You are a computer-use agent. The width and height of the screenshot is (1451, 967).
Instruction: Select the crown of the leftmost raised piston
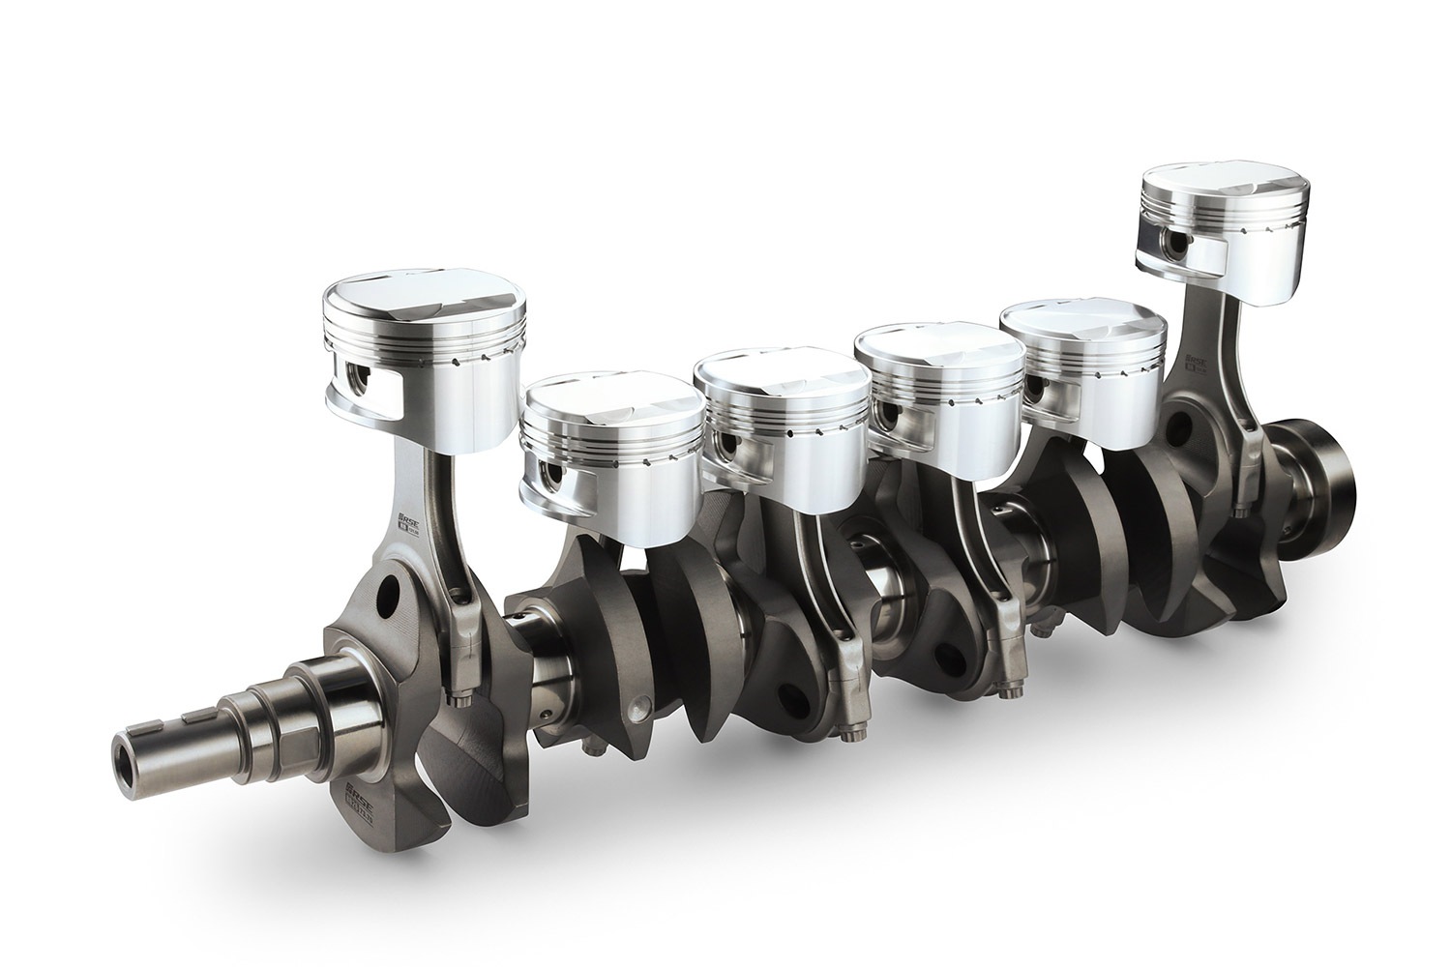pos(424,303)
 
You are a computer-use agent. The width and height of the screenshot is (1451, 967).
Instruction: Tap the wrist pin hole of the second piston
pos(550,475)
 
